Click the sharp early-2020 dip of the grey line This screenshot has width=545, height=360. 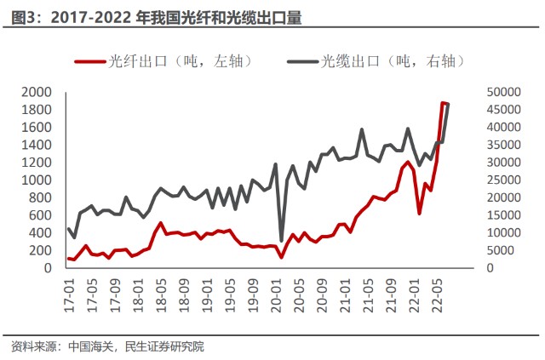tap(282, 241)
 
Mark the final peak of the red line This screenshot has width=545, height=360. tap(443, 103)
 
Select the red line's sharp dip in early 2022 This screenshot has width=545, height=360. tap(420, 213)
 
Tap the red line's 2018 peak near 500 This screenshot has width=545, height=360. tap(161, 223)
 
